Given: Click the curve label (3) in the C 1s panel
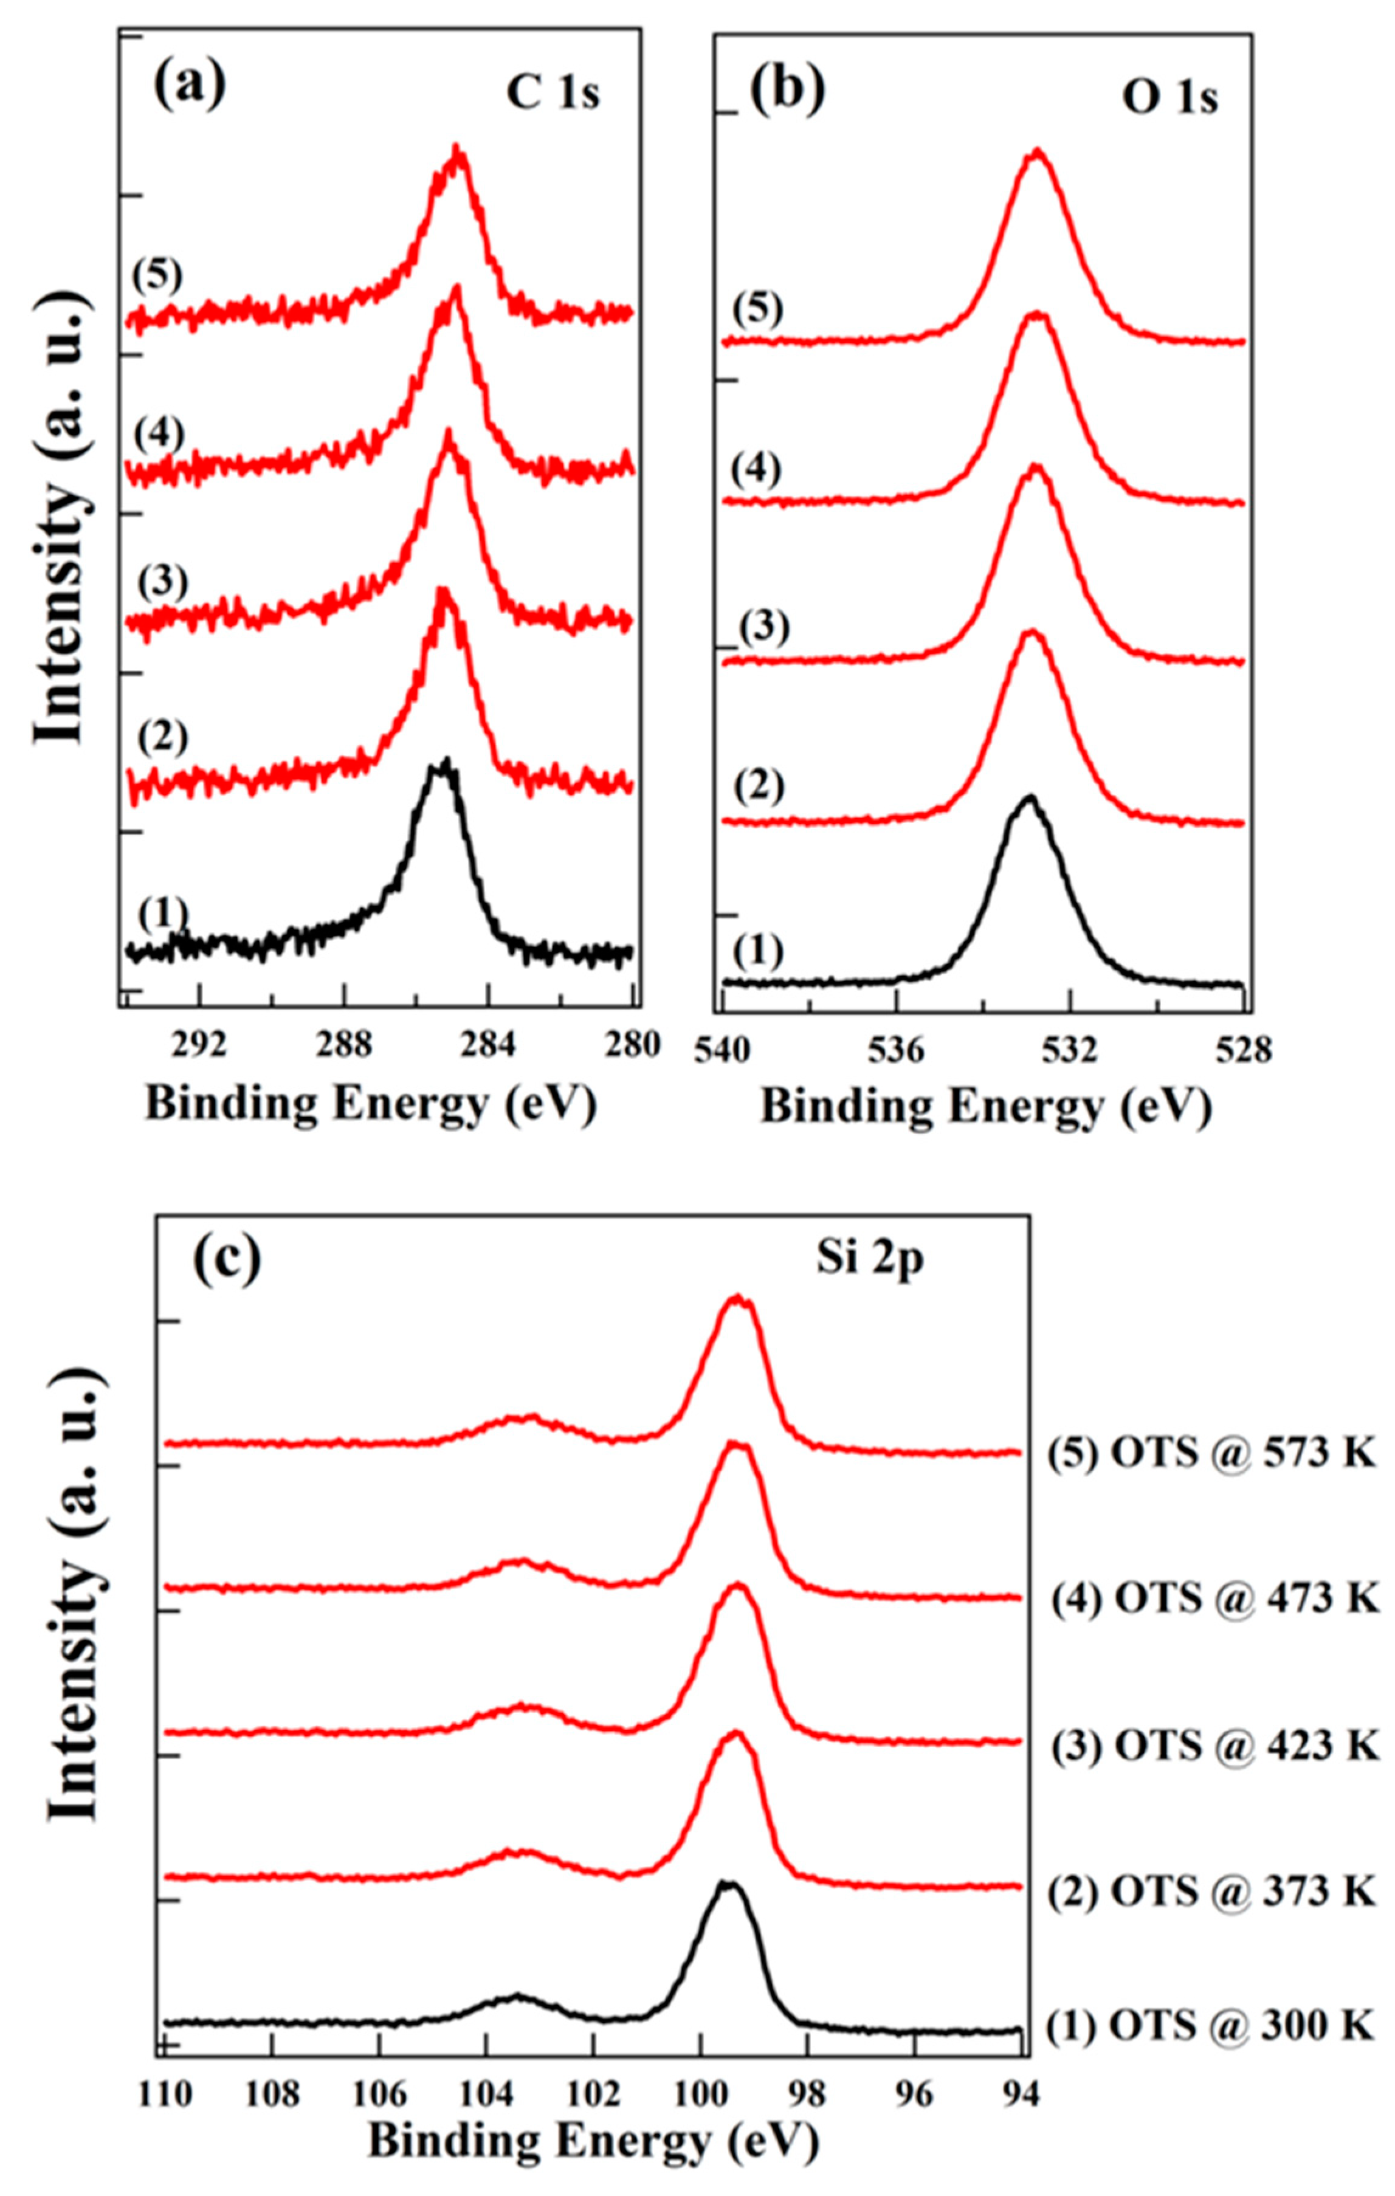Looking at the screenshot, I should point(162,583).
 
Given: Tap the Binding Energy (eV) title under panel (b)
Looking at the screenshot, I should point(986,1109).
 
